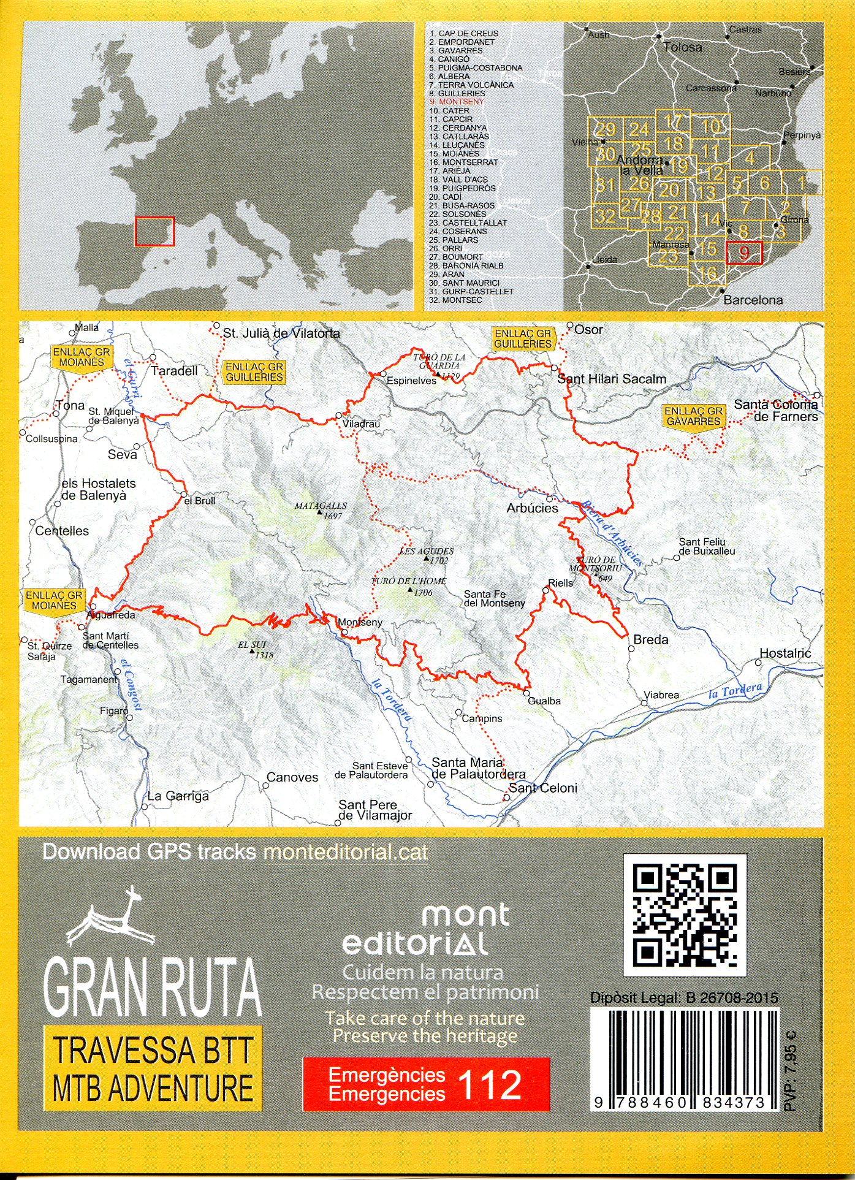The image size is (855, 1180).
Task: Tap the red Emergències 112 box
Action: click(x=426, y=1084)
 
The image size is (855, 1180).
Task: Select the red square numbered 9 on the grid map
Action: click(x=743, y=253)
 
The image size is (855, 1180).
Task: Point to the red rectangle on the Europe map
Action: click(x=154, y=231)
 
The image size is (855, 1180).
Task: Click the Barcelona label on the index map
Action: click(x=753, y=300)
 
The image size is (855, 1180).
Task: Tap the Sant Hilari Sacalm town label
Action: click(x=611, y=379)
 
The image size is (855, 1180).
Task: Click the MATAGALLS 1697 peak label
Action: click(x=321, y=511)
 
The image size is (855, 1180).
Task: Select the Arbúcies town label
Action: click(x=532, y=508)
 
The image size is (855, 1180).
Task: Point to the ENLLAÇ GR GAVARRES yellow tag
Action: click(x=693, y=417)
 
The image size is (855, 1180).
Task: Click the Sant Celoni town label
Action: click(x=543, y=788)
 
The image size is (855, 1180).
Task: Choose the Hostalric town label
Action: click(x=785, y=653)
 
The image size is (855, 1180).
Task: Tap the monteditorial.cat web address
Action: click(x=345, y=852)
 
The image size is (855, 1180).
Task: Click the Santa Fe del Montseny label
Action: click(x=494, y=598)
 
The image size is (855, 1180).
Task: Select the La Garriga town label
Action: click(x=178, y=796)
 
